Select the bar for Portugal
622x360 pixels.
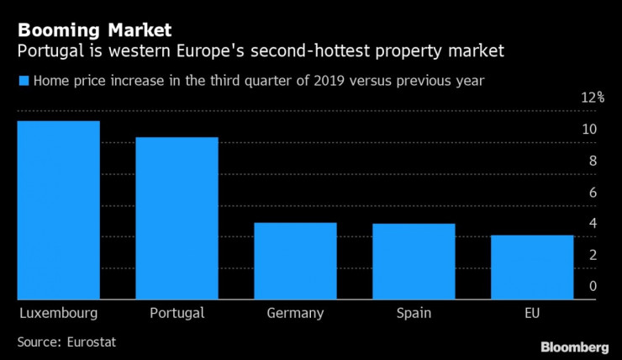[x=177, y=219]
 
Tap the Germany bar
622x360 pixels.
[x=295, y=261]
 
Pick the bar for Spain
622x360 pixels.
[x=414, y=262]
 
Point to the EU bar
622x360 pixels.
[x=533, y=267]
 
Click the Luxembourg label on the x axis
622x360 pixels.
[x=58, y=314]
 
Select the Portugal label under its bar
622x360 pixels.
[x=177, y=314]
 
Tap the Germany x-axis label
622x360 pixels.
[x=295, y=314]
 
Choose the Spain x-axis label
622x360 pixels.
[x=414, y=314]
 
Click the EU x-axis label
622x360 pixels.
[x=533, y=314]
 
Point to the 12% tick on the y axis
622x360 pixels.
[x=593, y=98]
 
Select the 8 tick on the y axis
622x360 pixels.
[x=593, y=161]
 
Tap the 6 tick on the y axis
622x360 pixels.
[x=593, y=193]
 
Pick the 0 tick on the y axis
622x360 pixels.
[x=593, y=287]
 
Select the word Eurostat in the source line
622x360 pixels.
[x=92, y=342]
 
